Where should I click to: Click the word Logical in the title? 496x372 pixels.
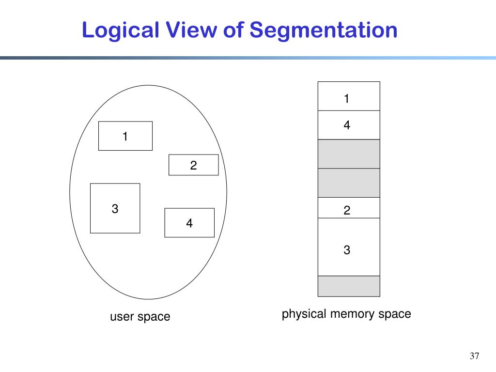tap(121, 31)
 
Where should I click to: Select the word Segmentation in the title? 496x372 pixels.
tap(324, 31)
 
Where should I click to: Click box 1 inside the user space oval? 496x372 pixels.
tap(125, 136)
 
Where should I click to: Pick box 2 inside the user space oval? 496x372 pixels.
tap(193, 165)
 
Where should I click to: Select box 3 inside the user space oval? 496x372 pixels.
tap(115, 208)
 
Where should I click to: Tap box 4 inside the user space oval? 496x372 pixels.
tap(189, 223)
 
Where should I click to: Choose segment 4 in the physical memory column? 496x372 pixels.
tap(349, 125)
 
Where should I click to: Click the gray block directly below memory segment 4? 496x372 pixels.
tap(349, 154)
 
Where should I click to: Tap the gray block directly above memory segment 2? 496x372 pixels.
tap(349, 183)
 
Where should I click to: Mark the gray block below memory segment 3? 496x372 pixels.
tap(349, 286)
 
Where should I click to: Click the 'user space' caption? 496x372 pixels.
tap(140, 317)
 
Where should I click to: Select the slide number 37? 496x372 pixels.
tap(474, 356)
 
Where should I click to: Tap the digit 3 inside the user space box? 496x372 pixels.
tap(115, 209)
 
